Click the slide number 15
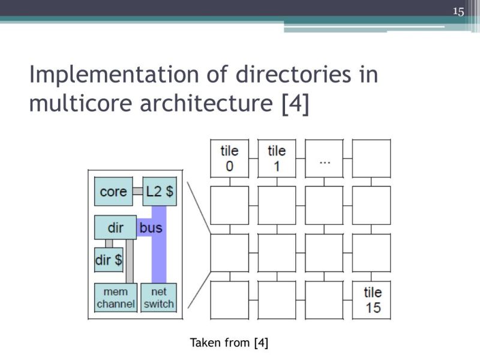click(459, 11)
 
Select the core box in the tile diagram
click(113, 191)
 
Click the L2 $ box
click(160, 191)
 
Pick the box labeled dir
click(115, 228)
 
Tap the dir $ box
click(109, 260)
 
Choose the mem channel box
click(116, 297)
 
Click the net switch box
click(159, 297)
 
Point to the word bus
click(151, 228)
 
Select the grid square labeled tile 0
click(229, 158)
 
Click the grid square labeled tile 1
click(277, 158)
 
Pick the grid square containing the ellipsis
click(324, 158)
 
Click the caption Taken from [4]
click(229, 343)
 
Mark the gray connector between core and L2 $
click(137, 191)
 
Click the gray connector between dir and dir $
click(109, 244)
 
